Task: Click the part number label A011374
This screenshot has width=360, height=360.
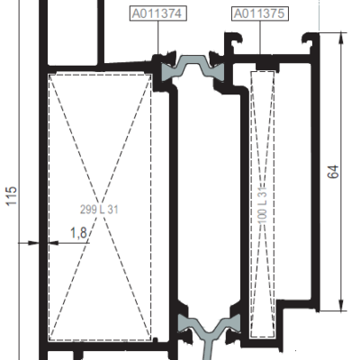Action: [x=158, y=13]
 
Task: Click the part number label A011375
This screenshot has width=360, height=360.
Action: [x=260, y=13]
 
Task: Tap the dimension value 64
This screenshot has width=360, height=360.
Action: [x=333, y=172]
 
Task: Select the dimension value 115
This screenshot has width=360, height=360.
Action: [x=12, y=196]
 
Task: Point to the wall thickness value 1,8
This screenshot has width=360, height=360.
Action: [x=78, y=233]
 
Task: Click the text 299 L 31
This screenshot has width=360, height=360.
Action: [x=99, y=210]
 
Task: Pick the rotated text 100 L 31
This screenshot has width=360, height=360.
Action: [x=263, y=204]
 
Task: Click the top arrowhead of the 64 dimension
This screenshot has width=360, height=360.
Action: [x=341, y=38]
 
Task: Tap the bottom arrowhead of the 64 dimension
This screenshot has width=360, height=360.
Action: [x=341, y=305]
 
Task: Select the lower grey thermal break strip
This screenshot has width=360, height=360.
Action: [x=210, y=324]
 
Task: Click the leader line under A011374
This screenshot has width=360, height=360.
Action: [x=158, y=38]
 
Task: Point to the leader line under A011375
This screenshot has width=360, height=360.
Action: [x=260, y=38]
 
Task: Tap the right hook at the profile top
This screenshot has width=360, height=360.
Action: [x=309, y=39]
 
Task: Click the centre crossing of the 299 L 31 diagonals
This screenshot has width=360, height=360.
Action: [x=100, y=207]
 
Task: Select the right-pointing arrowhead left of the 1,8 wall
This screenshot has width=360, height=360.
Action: [x=33, y=243]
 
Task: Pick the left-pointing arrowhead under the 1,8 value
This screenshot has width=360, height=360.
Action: [x=53, y=243]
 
